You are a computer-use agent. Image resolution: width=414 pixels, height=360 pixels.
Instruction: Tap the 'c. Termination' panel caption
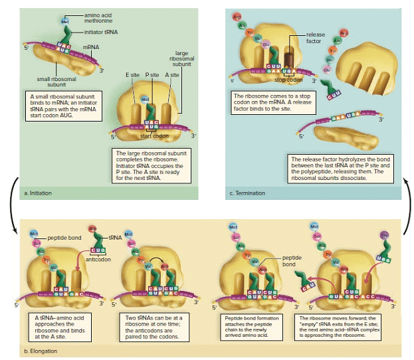(x=247, y=193)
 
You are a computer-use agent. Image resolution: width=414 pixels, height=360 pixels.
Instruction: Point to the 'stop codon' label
(x=288, y=79)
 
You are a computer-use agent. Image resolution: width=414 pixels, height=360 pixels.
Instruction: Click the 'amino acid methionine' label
(x=98, y=17)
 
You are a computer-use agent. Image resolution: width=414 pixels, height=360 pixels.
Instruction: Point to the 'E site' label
(x=132, y=75)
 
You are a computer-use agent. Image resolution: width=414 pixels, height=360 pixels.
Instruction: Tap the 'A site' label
(x=172, y=75)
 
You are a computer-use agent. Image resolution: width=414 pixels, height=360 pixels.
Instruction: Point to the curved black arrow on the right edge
(x=404, y=205)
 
